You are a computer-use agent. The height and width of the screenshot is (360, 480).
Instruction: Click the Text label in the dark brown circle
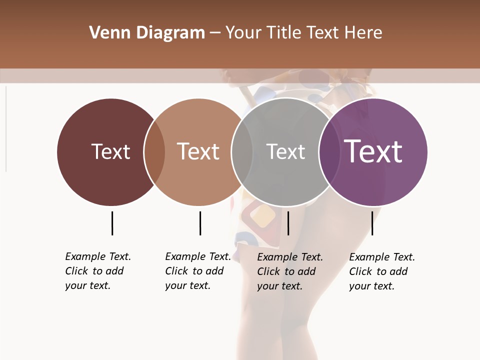[110, 151]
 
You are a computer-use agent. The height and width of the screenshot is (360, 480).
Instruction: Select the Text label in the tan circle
[198, 151]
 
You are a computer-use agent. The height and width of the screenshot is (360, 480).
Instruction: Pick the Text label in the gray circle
[285, 151]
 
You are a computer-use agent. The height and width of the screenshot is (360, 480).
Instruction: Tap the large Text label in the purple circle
[373, 151]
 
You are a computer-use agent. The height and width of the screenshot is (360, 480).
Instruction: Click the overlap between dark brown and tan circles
[154, 152]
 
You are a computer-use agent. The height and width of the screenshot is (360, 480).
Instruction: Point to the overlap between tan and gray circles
[242, 152]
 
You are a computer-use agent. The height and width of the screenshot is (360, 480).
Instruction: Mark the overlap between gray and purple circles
[329, 152]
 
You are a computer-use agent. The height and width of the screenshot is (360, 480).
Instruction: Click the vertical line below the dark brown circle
[112, 223]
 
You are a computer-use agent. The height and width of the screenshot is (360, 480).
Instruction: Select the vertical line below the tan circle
[200, 223]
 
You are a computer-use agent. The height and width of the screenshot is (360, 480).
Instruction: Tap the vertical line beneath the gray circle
[288, 223]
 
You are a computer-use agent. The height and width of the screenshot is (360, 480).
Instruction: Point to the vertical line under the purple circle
[372, 223]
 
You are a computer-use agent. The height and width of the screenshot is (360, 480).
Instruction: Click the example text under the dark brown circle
[97, 271]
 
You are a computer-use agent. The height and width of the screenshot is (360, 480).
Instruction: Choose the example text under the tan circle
[197, 271]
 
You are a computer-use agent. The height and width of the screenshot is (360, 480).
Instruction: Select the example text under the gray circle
[289, 271]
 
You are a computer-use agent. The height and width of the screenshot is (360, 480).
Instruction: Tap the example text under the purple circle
[381, 271]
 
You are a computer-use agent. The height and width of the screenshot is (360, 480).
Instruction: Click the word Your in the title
[243, 33]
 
